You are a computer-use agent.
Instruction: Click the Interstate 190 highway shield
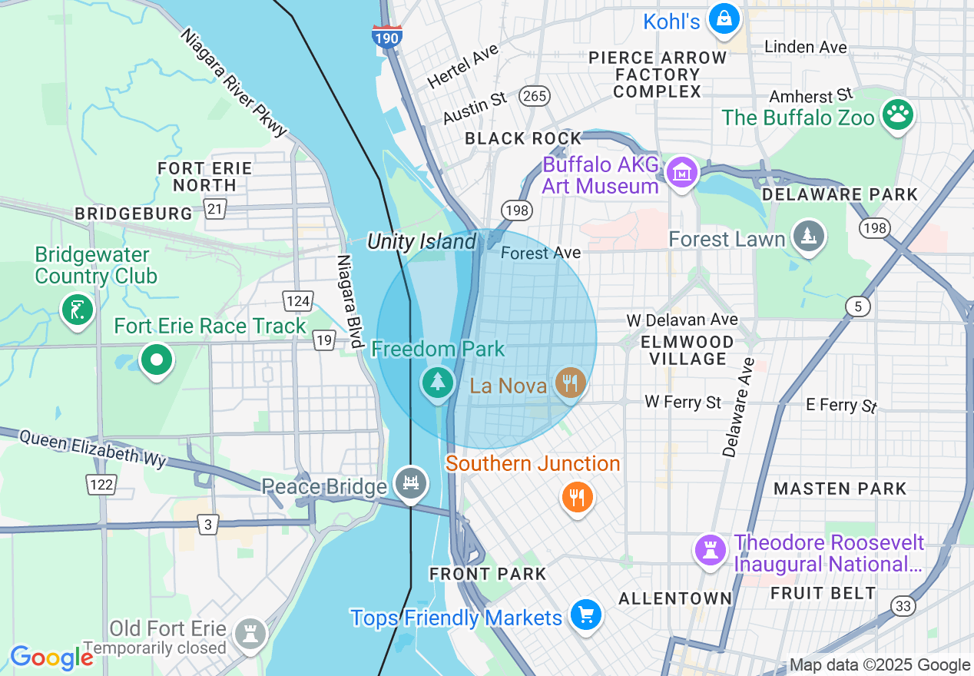(387, 35)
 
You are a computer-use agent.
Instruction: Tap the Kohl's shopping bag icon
(724, 19)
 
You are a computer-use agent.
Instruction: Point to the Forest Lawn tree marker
(807, 237)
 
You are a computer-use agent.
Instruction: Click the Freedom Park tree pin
(437, 381)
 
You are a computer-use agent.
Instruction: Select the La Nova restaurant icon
(569, 382)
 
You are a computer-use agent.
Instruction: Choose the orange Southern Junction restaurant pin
(577, 497)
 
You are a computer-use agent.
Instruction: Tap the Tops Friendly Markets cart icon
(586, 615)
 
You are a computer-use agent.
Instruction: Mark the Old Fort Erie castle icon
(250, 633)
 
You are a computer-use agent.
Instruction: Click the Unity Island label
(422, 242)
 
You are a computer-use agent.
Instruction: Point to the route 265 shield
(533, 96)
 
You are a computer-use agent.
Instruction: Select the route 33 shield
(904, 607)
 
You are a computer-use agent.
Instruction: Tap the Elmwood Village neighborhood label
(687, 350)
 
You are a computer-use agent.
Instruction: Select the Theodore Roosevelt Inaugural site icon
(711, 551)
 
